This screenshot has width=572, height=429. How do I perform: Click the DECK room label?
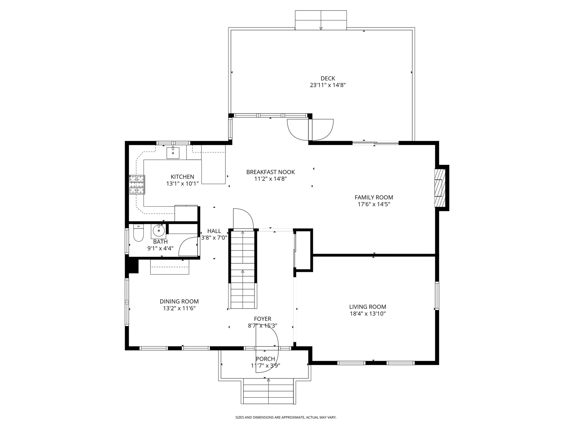pyautogui.click(x=328, y=78)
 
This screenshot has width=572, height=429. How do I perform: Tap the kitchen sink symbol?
pyautogui.click(x=173, y=153)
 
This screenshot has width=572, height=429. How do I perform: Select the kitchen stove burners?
pyautogui.click(x=137, y=185)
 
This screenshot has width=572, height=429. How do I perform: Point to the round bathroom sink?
pyautogui.click(x=159, y=230)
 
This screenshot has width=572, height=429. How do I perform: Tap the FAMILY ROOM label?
pyautogui.click(x=374, y=197)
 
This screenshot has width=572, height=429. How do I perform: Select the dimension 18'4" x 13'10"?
pyautogui.click(x=368, y=313)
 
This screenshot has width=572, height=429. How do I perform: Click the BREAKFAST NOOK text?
pyautogui.click(x=271, y=172)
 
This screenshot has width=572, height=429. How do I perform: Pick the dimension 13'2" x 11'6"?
pyautogui.click(x=179, y=308)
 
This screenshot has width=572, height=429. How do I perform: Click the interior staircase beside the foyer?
pyautogui.click(x=243, y=270)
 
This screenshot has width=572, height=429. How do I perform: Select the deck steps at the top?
pyautogui.click(x=321, y=20)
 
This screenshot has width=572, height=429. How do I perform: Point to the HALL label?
pyautogui.click(x=214, y=231)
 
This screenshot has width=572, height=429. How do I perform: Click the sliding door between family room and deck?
pyautogui.click(x=375, y=143)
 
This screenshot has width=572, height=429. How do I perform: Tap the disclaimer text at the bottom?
pyautogui.click(x=286, y=417)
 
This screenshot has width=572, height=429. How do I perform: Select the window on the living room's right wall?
pyautogui.click(x=437, y=296)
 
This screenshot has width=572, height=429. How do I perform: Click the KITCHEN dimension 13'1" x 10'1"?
pyautogui.click(x=182, y=184)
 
